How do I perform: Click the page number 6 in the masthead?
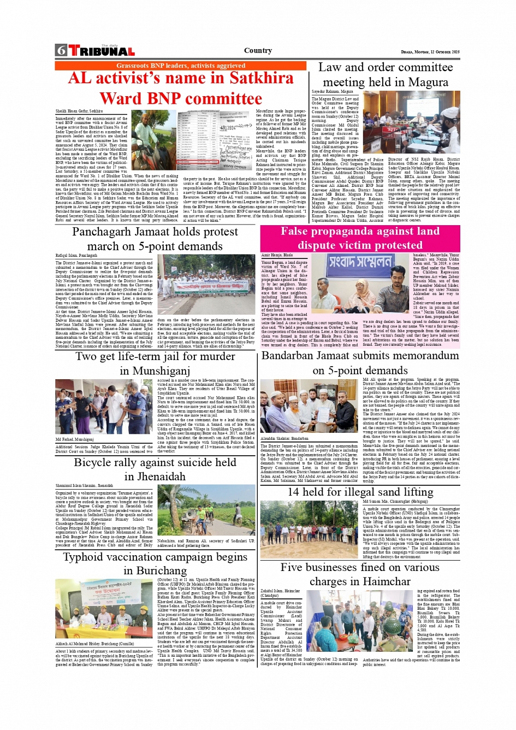[61, 51]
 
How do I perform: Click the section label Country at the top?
[258, 50]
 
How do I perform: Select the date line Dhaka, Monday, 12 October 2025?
[430, 52]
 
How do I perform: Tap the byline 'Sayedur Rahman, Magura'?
[332, 92]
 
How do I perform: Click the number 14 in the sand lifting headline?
[294, 492]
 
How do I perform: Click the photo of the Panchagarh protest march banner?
[205, 285]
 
